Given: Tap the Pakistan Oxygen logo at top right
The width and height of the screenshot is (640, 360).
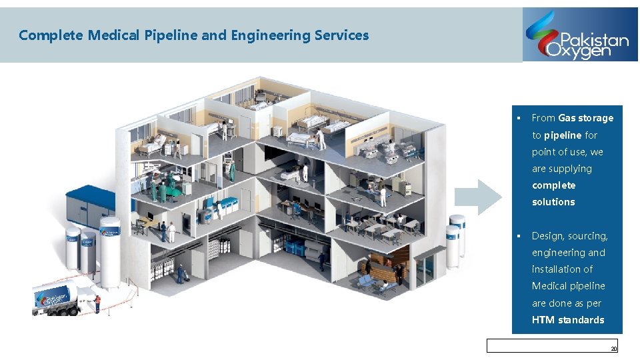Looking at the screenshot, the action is coord(579,35).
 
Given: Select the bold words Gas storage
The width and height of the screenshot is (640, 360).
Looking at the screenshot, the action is coord(585,118).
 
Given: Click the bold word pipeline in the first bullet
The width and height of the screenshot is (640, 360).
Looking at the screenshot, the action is coord(563,135).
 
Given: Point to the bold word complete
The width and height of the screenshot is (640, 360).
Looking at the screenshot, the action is coord(553,185).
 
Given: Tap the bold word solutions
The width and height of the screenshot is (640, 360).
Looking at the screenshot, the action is coord(553,202).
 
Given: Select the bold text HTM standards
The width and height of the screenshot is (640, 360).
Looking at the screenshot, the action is coord(568,320).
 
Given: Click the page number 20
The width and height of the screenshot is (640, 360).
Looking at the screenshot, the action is coord(613,349).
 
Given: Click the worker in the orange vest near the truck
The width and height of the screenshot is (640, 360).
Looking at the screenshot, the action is coord(97,304).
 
